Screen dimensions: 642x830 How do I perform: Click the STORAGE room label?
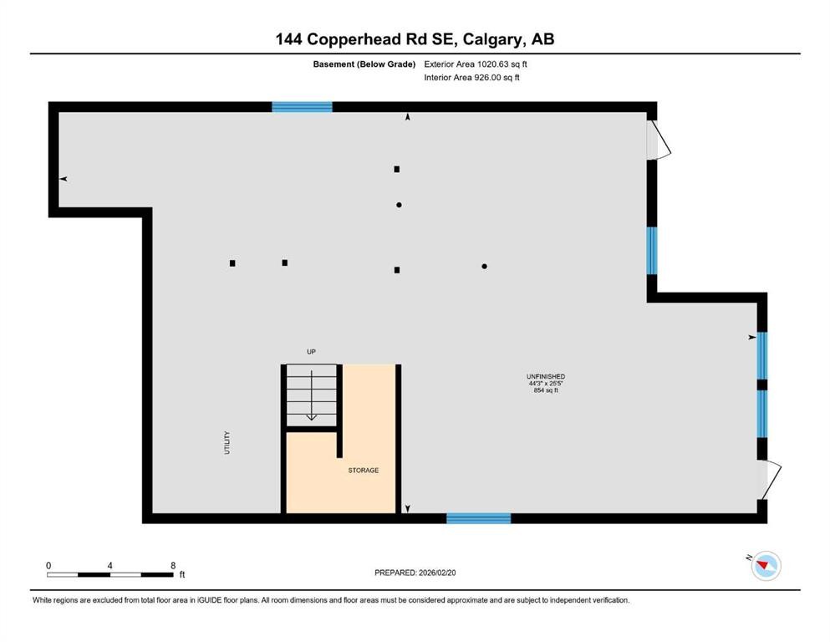click(364, 471)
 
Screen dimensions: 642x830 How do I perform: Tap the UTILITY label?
click(227, 442)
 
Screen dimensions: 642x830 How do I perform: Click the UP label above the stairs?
click(311, 352)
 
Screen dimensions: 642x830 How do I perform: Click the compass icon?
click(766, 566)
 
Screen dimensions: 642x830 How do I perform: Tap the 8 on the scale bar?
click(172, 566)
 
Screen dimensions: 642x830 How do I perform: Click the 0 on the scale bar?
click(48, 566)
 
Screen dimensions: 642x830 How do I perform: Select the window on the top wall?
click(302, 107)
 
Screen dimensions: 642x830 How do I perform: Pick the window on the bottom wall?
click(478, 518)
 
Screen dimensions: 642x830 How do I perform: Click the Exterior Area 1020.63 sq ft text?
click(476, 64)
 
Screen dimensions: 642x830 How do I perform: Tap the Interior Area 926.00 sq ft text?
click(472, 78)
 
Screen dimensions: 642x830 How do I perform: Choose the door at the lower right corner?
click(771, 479)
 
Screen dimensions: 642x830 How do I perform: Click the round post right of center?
click(485, 267)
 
